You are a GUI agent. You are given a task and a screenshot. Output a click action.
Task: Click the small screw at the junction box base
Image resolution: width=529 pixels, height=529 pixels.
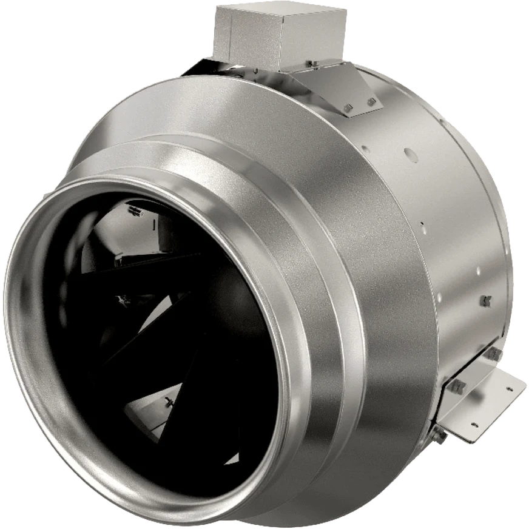tap(310, 64)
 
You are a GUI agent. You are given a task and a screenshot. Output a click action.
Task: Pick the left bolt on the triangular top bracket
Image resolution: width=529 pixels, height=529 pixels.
tap(348, 109)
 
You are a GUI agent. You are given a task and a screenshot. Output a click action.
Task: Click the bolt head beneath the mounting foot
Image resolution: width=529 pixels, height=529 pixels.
tap(441, 434)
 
